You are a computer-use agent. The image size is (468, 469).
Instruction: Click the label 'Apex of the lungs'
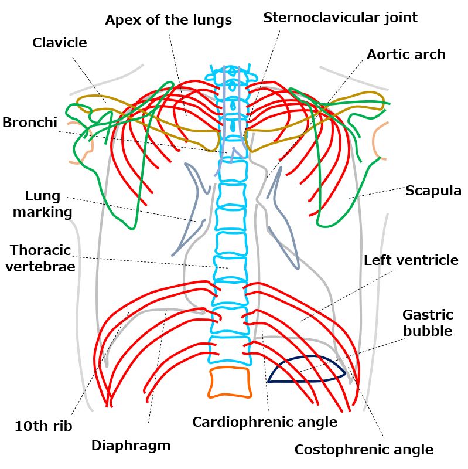click(169, 20)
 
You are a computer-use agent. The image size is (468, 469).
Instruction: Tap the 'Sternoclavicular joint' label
click(340, 18)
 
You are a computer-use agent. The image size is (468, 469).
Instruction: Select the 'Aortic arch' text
click(406, 55)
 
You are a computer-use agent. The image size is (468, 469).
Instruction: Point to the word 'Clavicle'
click(60, 43)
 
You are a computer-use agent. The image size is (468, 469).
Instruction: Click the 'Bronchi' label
click(30, 123)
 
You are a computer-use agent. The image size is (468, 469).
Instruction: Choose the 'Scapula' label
click(433, 191)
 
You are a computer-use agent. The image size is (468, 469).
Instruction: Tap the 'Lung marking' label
click(42, 204)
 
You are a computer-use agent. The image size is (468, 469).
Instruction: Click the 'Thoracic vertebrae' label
click(40, 258)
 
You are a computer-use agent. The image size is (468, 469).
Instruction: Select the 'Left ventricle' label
click(411, 260)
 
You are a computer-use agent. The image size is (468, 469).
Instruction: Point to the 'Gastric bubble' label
click(428, 323)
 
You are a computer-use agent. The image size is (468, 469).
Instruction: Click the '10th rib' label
click(43, 426)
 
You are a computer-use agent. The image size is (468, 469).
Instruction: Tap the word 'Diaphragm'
click(131, 446)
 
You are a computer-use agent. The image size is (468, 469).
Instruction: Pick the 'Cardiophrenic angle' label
click(265, 422)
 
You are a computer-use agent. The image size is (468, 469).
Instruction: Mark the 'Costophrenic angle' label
click(364, 450)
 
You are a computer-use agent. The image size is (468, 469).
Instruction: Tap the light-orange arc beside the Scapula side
click(374, 141)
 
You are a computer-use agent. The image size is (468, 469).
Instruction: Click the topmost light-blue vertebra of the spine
click(231, 73)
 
